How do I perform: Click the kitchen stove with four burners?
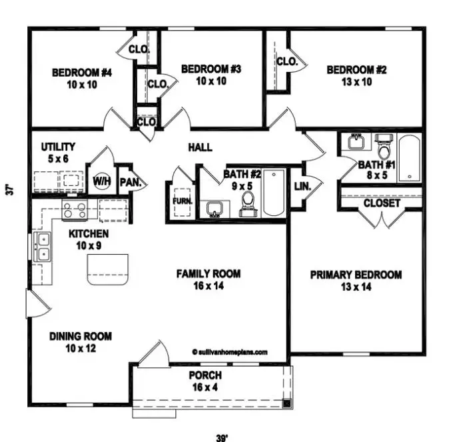point(74,210)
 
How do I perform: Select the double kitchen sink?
point(43,247)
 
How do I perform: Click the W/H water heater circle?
point(101,181)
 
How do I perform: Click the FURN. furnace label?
point(182,201)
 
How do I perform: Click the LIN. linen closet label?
point(302,187)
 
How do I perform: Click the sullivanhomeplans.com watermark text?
point(229,351)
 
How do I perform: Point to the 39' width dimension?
point(222,437)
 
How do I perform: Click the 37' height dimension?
point(9,189)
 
